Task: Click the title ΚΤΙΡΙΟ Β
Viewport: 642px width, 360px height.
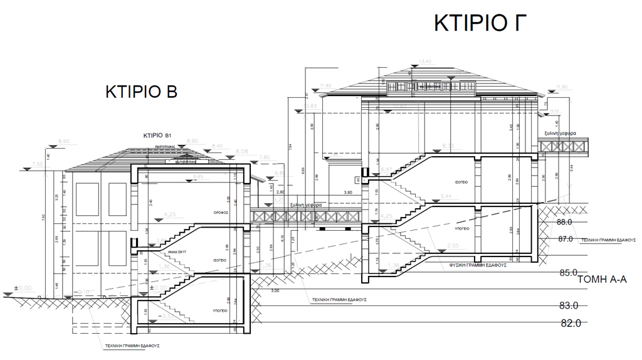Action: click(x=141, y=92)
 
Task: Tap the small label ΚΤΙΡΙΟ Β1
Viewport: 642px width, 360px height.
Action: click(x=157, y=135)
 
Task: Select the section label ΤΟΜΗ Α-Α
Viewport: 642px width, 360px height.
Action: click(x=601, y=280)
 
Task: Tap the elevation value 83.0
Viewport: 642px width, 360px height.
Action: click(x=569, y=305)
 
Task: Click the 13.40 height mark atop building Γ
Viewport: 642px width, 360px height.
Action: click(x=424, y=61)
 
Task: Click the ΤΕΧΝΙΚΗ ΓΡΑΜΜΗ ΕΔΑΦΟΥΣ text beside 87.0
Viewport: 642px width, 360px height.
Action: click(x=608, y=240)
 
